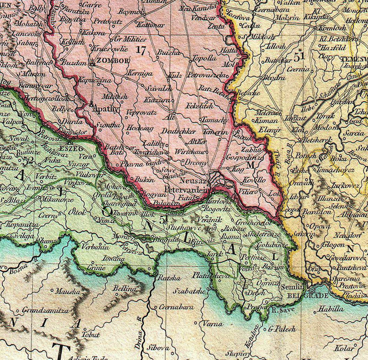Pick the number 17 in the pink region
tap(141, 50)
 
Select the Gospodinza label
tap(242, 158)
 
